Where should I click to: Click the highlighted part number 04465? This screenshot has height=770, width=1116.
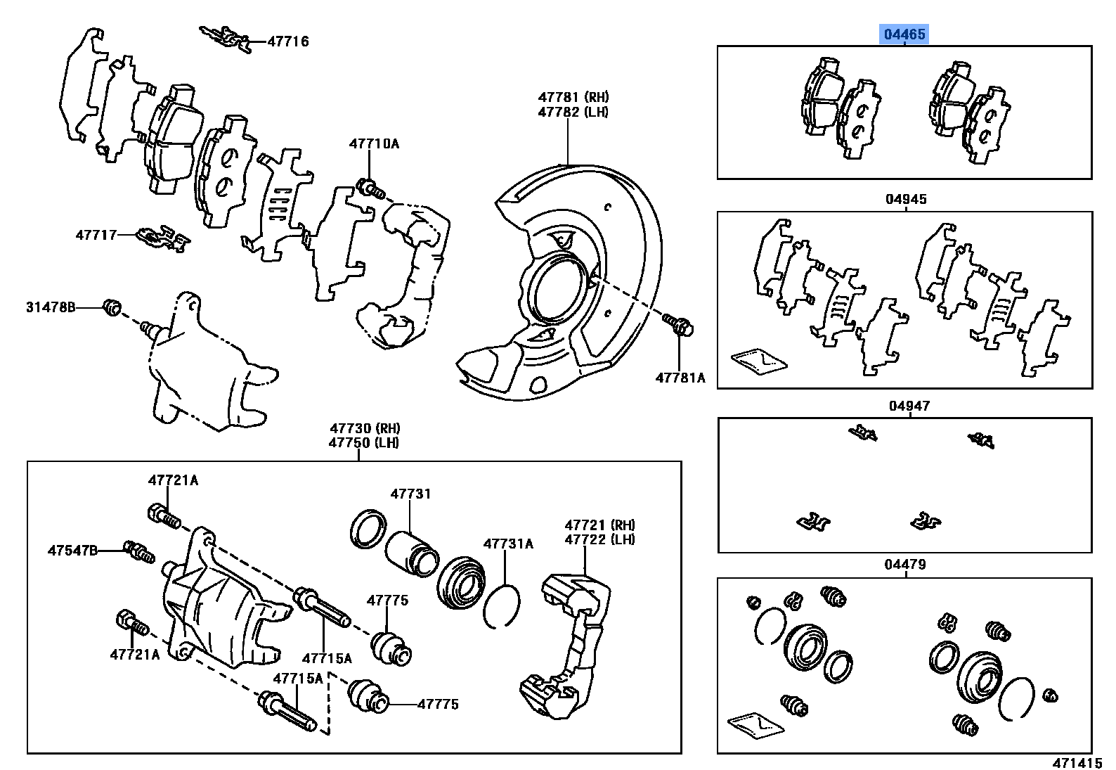[x=905, y=34]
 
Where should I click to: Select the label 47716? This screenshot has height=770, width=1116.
[x=287, y=41]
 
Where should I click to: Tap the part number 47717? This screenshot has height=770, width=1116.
[x=96, y=235]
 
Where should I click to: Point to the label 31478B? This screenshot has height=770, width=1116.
[x=51, y=307]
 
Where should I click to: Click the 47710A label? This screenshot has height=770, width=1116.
[x=374, y=144]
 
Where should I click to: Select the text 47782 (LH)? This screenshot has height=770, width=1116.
[x=573, y=112]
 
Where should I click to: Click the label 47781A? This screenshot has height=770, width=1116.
[x=680, y=378]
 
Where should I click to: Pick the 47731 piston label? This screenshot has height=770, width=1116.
[x=410, y=494]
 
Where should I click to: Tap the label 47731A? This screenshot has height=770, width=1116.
[x=507, y=544]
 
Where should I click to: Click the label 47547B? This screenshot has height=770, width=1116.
[x=73, y=550]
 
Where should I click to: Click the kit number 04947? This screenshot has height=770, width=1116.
[x=909, y=406]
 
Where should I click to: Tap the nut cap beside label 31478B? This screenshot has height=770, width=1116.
[x=112, y=307]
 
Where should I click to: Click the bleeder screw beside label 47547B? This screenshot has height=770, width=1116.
[x=138, y=552]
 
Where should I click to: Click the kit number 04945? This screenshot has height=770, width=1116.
[x=905, y=199]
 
